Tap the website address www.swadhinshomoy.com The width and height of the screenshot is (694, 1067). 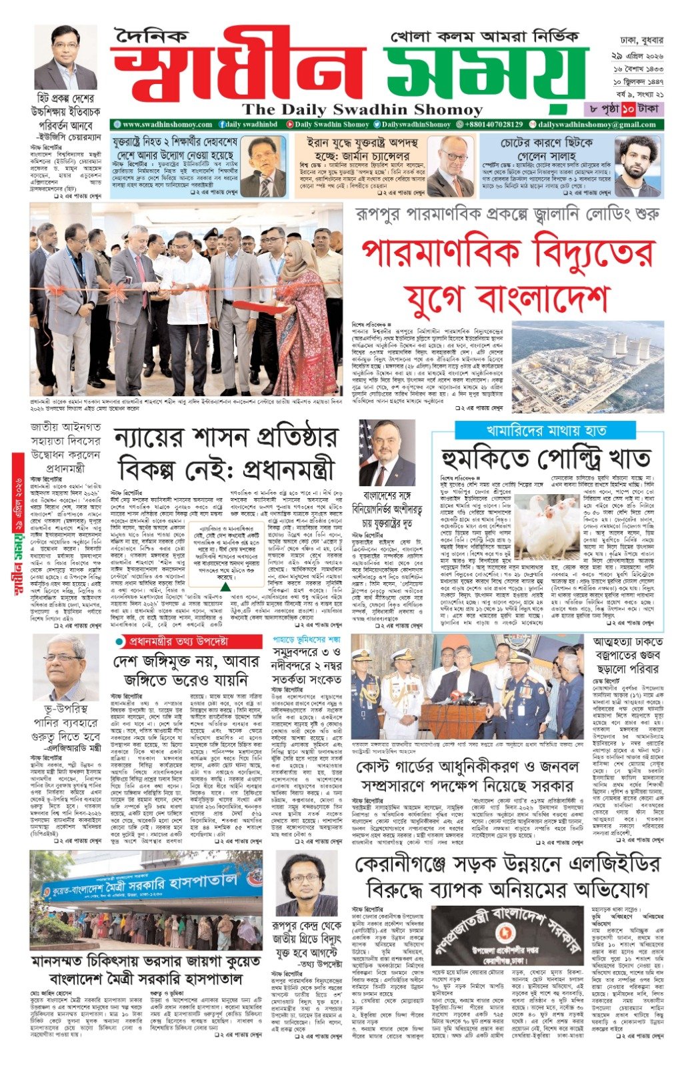click(162, 125)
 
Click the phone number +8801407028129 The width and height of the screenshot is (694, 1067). click(489, 125)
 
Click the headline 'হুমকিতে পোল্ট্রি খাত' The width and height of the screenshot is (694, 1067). click(546, 459)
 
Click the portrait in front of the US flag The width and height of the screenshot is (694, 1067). click(387, 453)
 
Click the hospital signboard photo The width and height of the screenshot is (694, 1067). click(146, 900)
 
